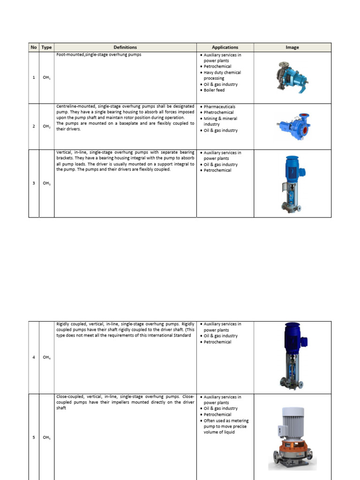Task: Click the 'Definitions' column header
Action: (125, 47)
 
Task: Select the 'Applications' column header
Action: (225, 47)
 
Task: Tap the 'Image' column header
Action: (292, 47)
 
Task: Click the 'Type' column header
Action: (46, 47)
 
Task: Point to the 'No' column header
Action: (34, 47)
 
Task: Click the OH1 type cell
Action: (46, 78)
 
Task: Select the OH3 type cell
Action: (46, 183)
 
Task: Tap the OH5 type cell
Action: (46, 438)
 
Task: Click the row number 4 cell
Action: (34, 358)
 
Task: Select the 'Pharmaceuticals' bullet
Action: (219, 107)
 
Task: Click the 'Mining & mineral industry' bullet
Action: (222, 121)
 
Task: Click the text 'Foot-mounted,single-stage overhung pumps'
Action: (99, 55)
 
